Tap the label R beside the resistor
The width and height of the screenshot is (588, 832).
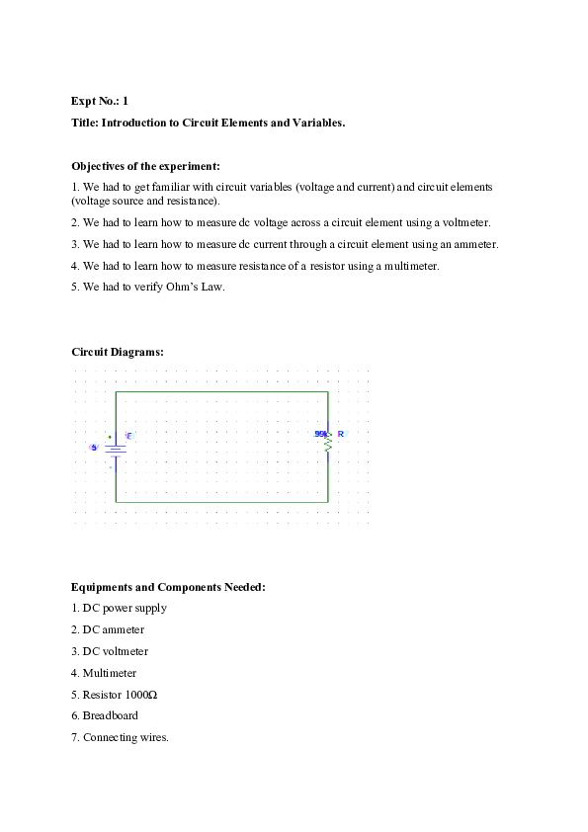[341, 434]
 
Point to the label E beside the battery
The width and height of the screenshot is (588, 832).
[128, 436]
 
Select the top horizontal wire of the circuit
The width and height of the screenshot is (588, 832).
[221, 392]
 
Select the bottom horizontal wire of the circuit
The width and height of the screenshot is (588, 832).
[221, 502]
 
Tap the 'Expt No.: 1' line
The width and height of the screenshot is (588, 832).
[100, 101]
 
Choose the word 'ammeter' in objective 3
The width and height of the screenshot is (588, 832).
[473, 244]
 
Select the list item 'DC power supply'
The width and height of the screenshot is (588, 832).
[125, 608]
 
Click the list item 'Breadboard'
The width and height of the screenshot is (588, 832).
[110, 715]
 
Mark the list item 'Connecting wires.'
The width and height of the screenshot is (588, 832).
[126, 737]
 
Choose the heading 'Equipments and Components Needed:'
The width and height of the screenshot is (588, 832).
[168, 587]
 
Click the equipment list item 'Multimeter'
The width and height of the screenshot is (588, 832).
[110, 673]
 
